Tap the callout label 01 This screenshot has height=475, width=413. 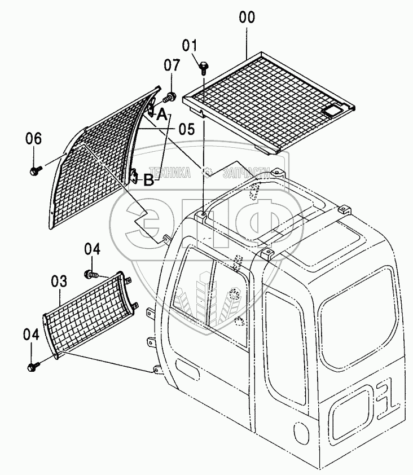click(190, 45)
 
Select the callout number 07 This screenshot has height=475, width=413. click(172, 65)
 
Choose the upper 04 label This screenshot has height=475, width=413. click(93, 248)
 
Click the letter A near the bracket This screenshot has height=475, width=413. click(162, 115)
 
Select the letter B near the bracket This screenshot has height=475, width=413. click(148, 181)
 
